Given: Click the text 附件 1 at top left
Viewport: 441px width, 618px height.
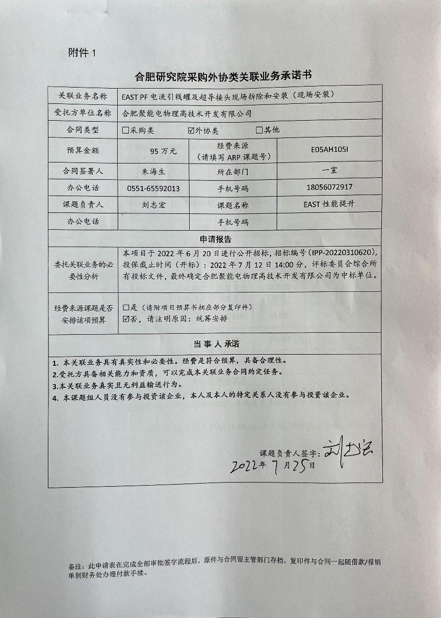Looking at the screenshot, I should [82, 52].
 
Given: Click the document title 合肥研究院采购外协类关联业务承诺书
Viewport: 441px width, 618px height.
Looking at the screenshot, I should [222, 76].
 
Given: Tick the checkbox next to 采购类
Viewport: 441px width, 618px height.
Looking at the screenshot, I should [126, 130].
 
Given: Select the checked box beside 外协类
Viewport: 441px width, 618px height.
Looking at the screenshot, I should [192, 130].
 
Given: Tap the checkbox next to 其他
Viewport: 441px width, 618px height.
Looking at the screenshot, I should [259, 130].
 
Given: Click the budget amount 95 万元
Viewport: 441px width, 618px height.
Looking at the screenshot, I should [163, 151].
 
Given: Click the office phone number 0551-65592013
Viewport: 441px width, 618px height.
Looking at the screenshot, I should [153, 189].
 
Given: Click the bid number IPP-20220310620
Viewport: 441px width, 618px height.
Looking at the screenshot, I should [344, 253].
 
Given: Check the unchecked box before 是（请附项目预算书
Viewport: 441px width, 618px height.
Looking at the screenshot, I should [126, 308].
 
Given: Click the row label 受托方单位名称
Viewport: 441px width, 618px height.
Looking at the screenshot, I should [83, 113].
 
